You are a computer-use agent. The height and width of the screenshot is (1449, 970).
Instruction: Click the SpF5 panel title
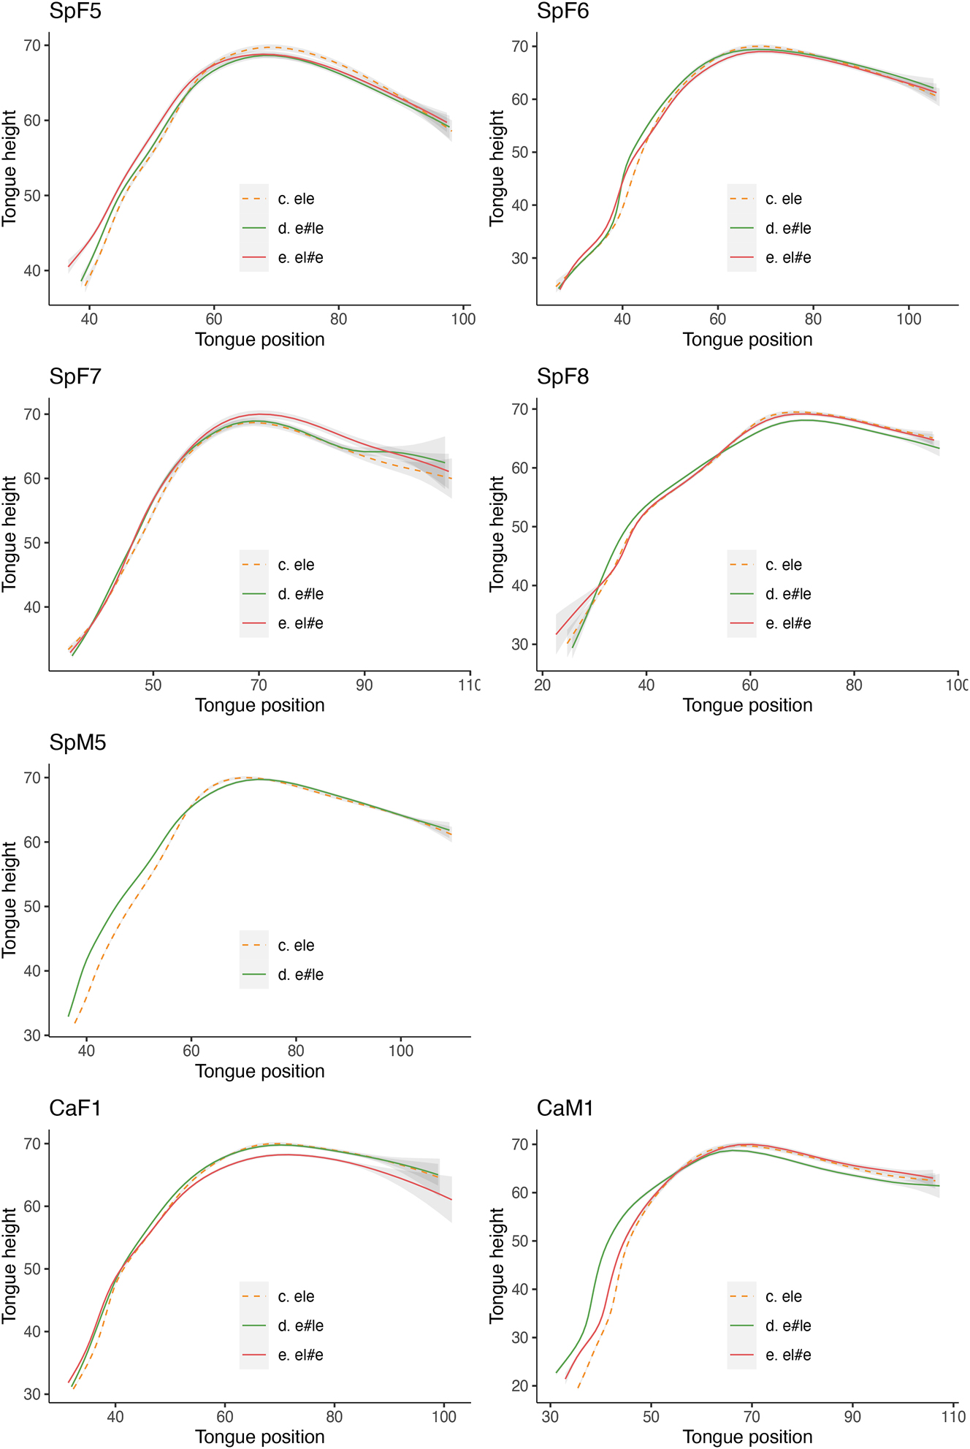point(75,12)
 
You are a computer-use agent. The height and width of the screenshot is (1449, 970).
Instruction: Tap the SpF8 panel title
point(562,377)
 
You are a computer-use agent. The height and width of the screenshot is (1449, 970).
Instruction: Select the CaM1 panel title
point(565,1108)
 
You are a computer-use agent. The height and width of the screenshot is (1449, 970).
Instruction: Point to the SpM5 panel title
point(77,743)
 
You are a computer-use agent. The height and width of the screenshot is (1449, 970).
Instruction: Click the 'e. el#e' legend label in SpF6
point(788,258)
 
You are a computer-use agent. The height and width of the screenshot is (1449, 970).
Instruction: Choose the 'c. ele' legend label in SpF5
point(296,199)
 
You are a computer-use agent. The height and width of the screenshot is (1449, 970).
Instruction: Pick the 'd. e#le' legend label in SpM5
point(300,975)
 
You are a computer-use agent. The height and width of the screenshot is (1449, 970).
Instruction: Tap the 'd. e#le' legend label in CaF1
point(300,1326)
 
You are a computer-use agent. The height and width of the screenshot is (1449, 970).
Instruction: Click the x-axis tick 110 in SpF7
point(468,685)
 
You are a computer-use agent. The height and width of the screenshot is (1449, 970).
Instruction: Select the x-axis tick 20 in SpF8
point(542,685)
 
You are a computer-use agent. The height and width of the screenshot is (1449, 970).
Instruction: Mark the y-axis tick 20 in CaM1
point(520,1386)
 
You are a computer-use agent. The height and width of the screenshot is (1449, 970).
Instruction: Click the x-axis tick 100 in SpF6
point(909,319)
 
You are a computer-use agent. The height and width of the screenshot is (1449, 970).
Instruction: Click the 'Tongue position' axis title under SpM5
point(259,1071)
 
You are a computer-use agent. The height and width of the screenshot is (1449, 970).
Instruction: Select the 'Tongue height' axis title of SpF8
point(497,533)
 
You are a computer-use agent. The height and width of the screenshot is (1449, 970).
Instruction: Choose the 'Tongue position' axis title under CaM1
point(747,1437)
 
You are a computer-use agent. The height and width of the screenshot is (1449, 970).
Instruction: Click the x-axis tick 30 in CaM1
point(550,1416)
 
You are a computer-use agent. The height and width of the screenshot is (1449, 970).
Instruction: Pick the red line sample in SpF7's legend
point(253,623)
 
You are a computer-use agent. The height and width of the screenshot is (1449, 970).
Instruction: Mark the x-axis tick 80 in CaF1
point(335,1416)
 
